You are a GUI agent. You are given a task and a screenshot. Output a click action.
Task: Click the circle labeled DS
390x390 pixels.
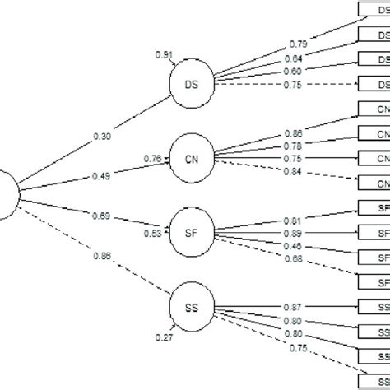point(190,84)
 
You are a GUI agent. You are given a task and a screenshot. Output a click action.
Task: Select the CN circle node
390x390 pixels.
point(190,157)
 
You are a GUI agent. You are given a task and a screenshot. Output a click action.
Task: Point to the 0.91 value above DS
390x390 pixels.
point(164,56)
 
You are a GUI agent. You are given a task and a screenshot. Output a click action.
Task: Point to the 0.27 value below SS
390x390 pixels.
point(164,337)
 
